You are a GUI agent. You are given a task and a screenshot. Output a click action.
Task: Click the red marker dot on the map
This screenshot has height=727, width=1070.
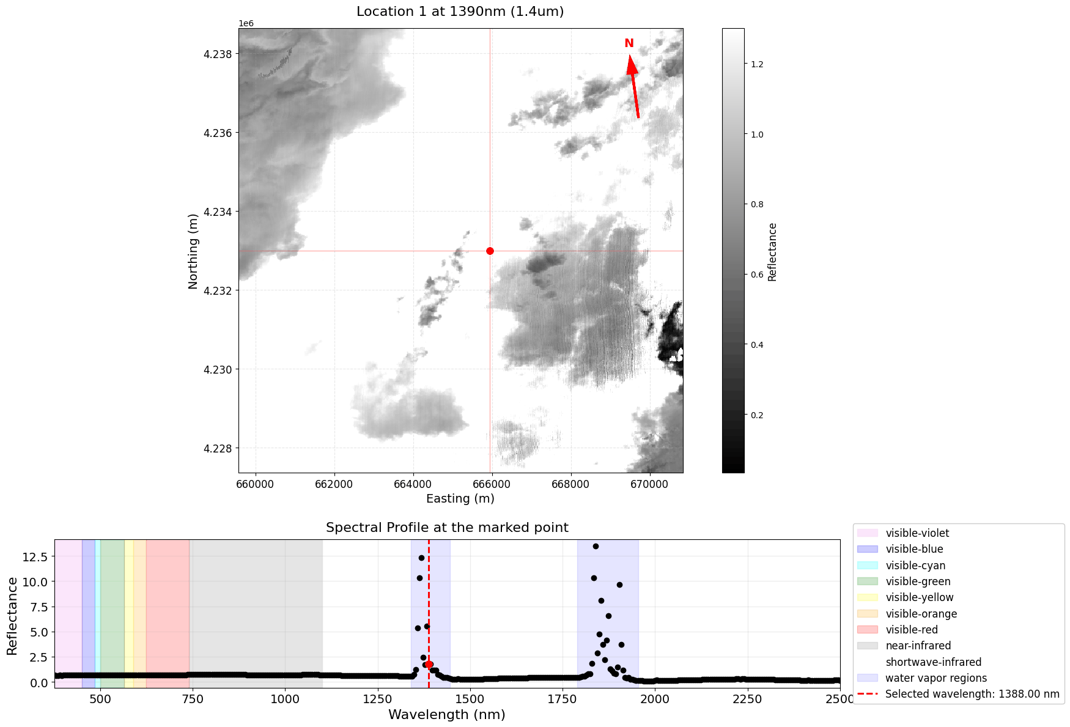click(490, 251)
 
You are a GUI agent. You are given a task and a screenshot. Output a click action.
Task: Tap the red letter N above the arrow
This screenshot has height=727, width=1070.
click(629, 43)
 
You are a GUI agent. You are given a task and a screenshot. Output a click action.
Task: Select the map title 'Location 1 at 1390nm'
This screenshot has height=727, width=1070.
click(460, 12)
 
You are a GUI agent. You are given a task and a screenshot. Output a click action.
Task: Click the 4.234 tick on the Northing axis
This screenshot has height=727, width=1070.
click(218, 212)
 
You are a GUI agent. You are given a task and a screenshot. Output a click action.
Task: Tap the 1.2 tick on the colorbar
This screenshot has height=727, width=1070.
click(756, 64)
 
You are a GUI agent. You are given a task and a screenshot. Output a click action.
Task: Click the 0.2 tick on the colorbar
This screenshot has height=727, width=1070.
click(756, 415)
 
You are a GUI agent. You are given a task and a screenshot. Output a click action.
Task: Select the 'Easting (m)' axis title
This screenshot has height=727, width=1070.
click(460, 498)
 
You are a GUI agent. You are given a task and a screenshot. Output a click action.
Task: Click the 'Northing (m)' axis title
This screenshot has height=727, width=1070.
click(193, 251)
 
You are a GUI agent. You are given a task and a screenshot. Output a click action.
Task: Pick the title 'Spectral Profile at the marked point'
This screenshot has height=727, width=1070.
click(447, 528)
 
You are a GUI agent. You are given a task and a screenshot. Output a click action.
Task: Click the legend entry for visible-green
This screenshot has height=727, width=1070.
click(918, 581)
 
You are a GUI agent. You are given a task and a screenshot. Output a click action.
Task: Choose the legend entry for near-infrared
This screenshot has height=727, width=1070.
click(918, 646)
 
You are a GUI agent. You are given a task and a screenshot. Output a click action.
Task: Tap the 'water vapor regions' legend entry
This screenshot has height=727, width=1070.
click(935, 678)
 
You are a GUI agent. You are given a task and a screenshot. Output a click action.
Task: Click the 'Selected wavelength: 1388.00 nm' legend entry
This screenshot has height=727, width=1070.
click(972, 694)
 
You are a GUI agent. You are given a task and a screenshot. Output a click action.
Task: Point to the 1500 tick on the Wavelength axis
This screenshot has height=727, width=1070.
click(470, 698)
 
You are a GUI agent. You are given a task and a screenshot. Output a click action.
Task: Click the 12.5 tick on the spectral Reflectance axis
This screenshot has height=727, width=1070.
click(34, 556)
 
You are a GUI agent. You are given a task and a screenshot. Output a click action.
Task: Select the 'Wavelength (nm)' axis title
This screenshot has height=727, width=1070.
click(447, 714)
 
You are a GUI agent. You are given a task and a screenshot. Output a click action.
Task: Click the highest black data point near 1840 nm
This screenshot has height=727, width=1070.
click(596, 546)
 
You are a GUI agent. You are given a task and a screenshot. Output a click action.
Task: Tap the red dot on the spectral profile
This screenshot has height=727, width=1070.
click(429, 664)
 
